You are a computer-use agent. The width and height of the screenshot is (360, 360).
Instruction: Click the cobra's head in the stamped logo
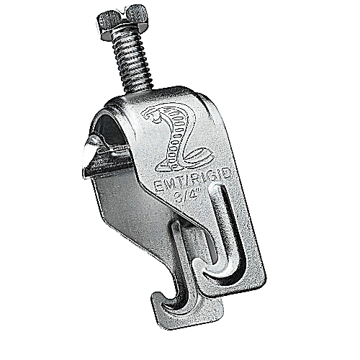[152, 114]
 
